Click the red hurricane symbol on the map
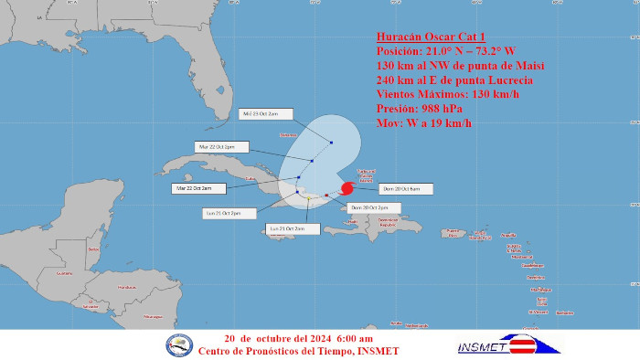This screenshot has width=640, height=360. tap(347, 189)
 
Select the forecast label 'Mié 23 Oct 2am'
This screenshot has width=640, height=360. tap(266, 114)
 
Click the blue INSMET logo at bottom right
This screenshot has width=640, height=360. tap(509, 344)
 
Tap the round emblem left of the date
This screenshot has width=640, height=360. tap(179, 344)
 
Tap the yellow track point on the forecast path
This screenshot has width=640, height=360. tap(309, 196)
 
